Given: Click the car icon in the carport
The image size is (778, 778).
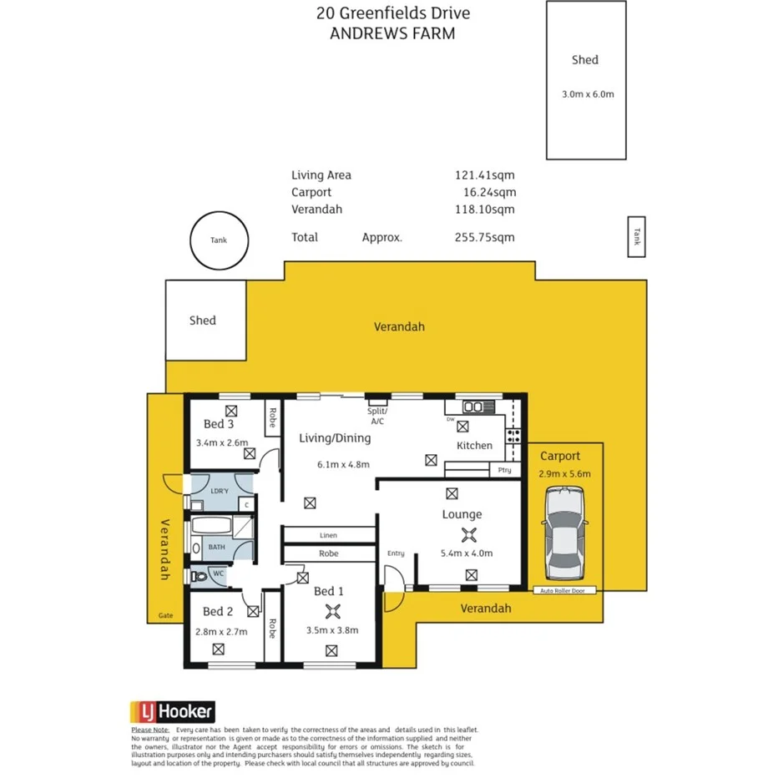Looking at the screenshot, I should [564, 536].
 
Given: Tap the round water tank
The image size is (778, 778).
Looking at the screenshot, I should [219, 240].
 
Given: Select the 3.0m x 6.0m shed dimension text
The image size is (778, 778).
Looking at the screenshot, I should [588, 94].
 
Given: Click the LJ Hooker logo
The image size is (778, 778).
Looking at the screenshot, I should [172, 712].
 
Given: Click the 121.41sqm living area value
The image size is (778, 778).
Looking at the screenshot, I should [484, 175].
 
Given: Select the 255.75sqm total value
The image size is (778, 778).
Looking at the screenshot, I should [484, 237].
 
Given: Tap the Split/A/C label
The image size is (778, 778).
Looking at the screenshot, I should [377, 416].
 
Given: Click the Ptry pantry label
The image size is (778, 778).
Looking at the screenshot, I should [504, 470].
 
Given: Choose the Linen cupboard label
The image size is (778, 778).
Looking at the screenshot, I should [328, 535].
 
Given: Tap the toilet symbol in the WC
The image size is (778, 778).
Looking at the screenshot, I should [197, 574].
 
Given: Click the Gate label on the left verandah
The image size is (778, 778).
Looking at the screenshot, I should [165, 616].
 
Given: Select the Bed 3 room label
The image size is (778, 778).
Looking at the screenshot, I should [219, 425].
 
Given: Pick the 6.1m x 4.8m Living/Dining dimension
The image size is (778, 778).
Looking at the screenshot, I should [342, 465].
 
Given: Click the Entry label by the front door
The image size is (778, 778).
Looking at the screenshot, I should [396, 553].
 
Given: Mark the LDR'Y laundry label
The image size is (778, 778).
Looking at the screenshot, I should [220, 490].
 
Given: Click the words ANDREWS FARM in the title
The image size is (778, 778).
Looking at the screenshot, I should [392, 34].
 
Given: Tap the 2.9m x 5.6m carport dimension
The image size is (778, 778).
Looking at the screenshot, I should [564, 474].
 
